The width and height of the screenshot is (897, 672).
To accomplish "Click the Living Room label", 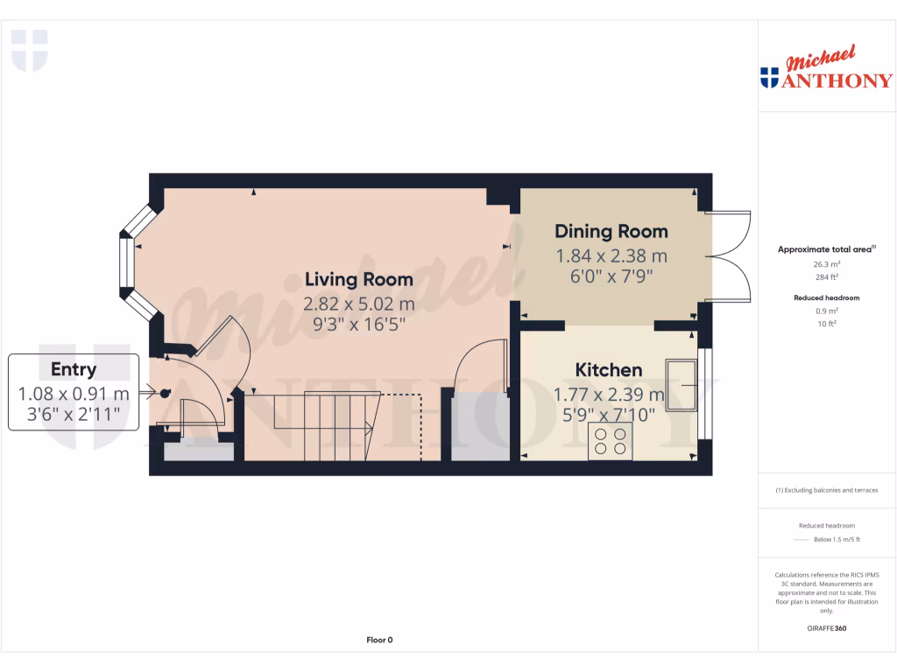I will (x=358, y=280).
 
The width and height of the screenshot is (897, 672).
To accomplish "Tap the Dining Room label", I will (x=611, y=232).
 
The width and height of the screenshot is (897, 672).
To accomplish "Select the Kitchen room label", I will (x=608, y=370).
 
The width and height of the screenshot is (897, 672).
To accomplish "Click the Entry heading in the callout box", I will (x=74, y=369).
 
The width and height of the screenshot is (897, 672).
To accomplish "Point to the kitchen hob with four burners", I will (x=611, y=441).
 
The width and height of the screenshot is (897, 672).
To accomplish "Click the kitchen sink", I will (x=681, y=385).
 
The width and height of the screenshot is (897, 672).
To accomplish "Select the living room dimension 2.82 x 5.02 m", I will (x=358, y=304).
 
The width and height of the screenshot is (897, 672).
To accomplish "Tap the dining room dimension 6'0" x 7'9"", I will (x=611, y=276).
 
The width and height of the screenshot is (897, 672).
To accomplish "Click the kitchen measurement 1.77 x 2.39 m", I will (x=608, y=395).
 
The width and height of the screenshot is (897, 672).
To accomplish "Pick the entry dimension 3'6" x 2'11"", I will (x=74, y=415).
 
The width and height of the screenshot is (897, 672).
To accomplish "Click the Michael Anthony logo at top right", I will (x=826, y=70).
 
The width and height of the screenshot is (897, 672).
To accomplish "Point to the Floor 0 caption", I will (x=379, y=640).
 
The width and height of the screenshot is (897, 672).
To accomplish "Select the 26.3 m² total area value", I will (x=827, y=263).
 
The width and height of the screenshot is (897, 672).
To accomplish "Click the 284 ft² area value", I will (x=827, y=276).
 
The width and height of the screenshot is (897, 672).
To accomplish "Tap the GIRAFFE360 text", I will (x=827, y=628).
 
